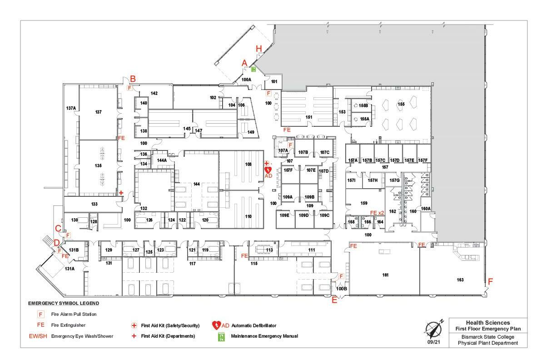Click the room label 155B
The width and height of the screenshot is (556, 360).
tap(363, 105)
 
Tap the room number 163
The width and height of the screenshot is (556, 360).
tap(460, 280)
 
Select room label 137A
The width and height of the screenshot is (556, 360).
tap(71, 108)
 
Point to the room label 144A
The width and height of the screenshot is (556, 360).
tap(162, 160)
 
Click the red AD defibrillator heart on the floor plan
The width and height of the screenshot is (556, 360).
tap(268, 170)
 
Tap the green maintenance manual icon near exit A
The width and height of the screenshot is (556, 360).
tap(253, 69)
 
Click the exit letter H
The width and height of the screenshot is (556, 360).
tap(259, 49)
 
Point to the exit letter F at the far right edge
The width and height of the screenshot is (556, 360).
tap(490, 280)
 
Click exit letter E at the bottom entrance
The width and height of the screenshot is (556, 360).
tap(335, 300)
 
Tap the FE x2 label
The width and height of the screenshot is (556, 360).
tap(377, 213)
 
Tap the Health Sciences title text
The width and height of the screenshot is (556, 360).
tap(487, 323)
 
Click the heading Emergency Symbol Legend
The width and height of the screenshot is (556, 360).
tap(64, 303)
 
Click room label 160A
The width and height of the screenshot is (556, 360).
tap(426, 209)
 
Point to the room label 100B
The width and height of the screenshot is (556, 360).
tap(342, 288)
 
